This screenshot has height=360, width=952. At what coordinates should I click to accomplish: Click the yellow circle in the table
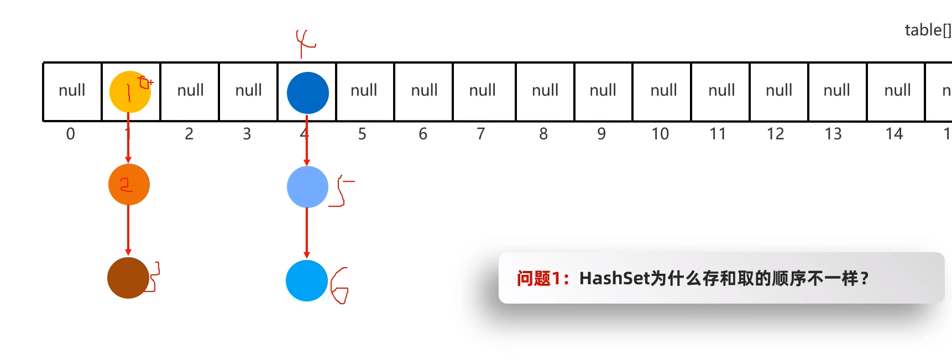[x=130, y=92]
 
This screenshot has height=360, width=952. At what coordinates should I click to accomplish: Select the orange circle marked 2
[x=129, y=185]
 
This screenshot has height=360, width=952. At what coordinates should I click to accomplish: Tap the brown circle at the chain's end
[x=128, y=278]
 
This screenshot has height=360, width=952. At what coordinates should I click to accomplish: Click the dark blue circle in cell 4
[x=308, y=93]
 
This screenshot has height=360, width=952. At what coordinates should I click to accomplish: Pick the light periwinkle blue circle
[x=307, y=187]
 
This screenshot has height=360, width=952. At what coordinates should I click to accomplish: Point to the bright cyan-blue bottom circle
[x=307, y=280]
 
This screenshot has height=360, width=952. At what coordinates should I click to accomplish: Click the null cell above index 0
[x=72, y=91]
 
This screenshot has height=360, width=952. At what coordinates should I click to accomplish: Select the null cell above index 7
[x=483, y=91]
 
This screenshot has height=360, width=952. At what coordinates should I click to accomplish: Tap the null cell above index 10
[x=663, y=91]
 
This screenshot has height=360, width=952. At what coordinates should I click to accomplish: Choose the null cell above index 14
[x=897, y=91]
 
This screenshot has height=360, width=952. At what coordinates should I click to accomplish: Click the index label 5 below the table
[x=362, y=134]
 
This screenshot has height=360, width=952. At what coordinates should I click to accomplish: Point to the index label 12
[x=775, y=134]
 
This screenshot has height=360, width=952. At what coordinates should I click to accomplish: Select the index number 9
[x=601, y=134]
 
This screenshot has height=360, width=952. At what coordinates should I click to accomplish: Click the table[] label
[x=928, y=30]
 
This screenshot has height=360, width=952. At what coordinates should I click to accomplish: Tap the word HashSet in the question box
[x=614, y=278]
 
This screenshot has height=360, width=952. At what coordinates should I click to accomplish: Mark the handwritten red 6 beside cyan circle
[x=339, y=285]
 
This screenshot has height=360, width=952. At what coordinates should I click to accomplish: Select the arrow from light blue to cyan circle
[x=307, y=233]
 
